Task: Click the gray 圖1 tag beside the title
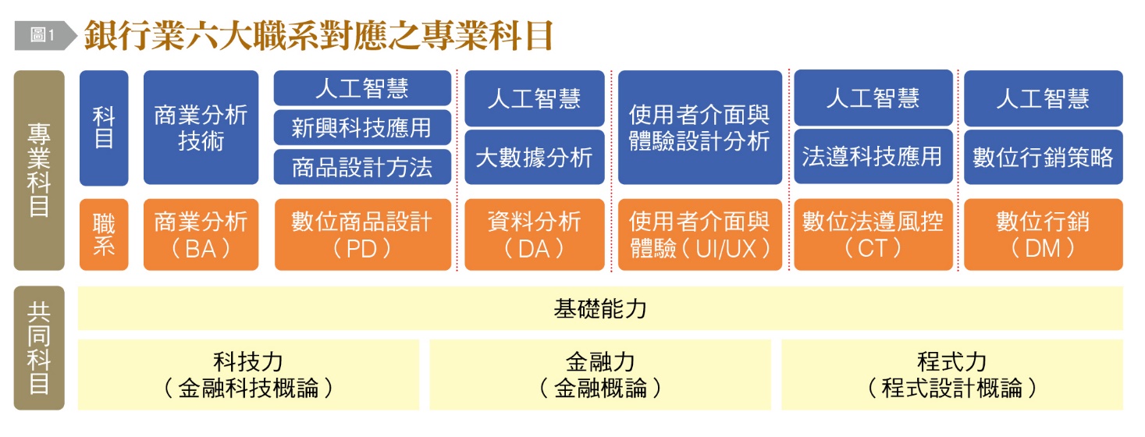tap(45, 35)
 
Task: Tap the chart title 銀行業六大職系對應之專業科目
tap(318, 35)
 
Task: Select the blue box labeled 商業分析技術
tap(201, 127)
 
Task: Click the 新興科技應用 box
tap(362, 127)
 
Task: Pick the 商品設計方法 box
tap(362, 167)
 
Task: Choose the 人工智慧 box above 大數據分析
tap(535, 98)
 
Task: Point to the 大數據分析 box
tap(535, 157)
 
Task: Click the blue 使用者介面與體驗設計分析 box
tap(700, 127)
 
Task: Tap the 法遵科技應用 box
tap(873, 156)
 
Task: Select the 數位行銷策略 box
tap(1044, 157)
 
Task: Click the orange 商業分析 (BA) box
tap(201, 235)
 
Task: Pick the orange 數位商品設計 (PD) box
tap(363, 235)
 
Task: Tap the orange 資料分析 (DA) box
tap(535, 235)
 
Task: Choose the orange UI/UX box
tap(700, 235)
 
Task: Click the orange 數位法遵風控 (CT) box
tap(873, 235)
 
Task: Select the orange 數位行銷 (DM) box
tap(1044, 235)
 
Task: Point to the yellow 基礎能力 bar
tap(600, 308)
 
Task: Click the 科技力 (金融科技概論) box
tap(248, 375)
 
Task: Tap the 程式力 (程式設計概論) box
tap(952, 375)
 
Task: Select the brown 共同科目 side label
tap(39, 348)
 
